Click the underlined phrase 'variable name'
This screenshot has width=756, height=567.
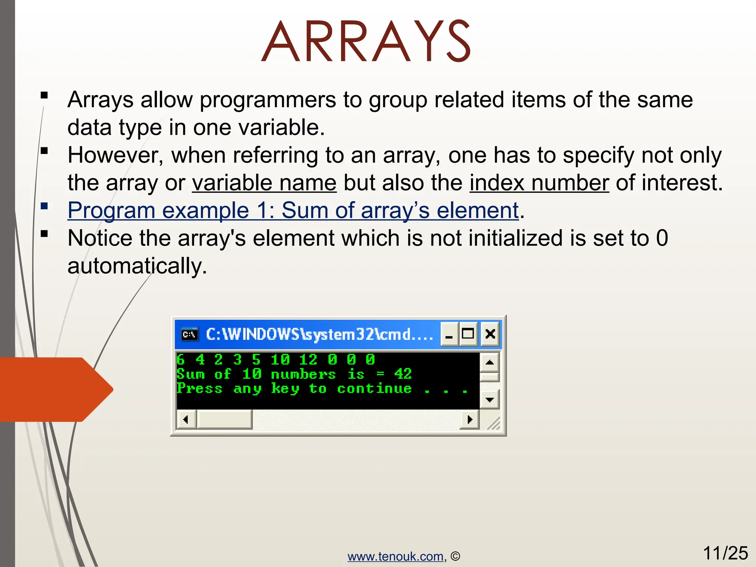pyautogui.click(x=264, y=183)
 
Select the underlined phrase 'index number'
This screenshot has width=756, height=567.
pyautogui.click(x=539, y=183)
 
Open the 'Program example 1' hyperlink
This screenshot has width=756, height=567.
pyautogui.click(x=293, y=210)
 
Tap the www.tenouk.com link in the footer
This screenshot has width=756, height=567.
pyautogui.click(x=395, y=556)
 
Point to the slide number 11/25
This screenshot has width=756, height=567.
pyautogui.click(x=725, y=553)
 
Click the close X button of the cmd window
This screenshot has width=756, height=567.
pyautogui.click(x=490, y=334)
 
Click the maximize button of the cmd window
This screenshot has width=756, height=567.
pyautogui.click(x=468, y=334)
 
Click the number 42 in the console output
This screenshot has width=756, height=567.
pyautogui.click(x=403, y=374)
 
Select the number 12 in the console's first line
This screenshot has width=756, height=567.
pyautogui.click(x=308, y=360)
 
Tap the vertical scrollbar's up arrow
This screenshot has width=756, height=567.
pyautogui.click(x=489, y=362)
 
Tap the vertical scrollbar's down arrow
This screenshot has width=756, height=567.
pyautogui.click(x=489, y=399)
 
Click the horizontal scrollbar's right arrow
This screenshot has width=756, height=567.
pyautogui.click(x=470, y=419)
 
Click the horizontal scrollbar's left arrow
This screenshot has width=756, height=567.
pyautogui.click(x=186, y=419)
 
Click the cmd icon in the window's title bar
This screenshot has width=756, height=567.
pyautogui.click(x=190, y=334)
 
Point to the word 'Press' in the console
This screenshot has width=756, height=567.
pyautogui.click(x=199, y=388)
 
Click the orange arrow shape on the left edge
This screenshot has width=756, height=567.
pyautogui.click(x=55, y=389)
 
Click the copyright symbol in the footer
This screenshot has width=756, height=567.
pyautogui.click(x=456, y=556)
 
